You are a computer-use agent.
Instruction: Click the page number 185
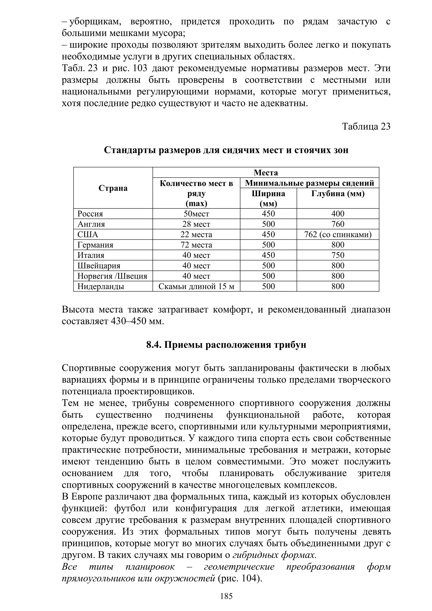[226, 596]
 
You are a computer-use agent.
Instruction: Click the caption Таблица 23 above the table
[366, 126]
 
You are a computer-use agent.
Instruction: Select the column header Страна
[113, 188]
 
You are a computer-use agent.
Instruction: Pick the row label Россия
[90, 214]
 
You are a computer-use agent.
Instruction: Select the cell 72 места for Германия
[196, 245]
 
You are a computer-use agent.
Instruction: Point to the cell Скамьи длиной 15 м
[196, 286]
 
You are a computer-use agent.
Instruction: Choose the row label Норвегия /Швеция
[112, 276]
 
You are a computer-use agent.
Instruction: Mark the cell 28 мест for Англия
[196, 224]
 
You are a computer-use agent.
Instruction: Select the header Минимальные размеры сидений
[309, 183]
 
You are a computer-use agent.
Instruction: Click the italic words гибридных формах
[274, 555]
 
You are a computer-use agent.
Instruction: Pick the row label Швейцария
[99, 266]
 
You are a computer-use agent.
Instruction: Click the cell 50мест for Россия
[196, 214]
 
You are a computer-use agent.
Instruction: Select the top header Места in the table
[266, 173]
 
